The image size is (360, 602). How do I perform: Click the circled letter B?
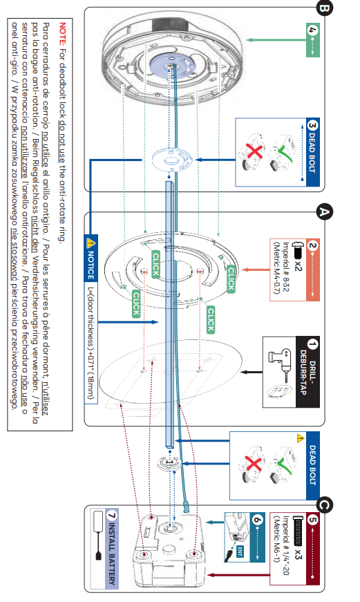click(x=323, y=8)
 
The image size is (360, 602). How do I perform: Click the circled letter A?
click(x=324, y=212)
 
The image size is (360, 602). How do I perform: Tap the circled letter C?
click(x=324, y=505)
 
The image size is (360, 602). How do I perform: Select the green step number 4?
click(x=312, y=30)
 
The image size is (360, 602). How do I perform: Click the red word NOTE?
click(x=63, y=33)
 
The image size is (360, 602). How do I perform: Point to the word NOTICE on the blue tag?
click(x=91, y=265)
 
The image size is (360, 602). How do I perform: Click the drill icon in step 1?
click(x=281, y=362)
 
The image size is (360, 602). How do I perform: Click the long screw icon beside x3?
click(x=299, y=531)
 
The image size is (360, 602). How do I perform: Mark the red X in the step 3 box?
click(x=254, y=150)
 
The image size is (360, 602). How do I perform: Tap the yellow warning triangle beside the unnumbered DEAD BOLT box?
click(x=301, y=438)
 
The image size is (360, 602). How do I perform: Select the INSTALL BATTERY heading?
click(x=111, y=553)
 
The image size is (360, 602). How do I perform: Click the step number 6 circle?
click(x=257, y=520)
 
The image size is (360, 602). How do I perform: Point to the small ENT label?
click(x=240, y=552)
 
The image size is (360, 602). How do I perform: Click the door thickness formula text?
click(x=91, y=342)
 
